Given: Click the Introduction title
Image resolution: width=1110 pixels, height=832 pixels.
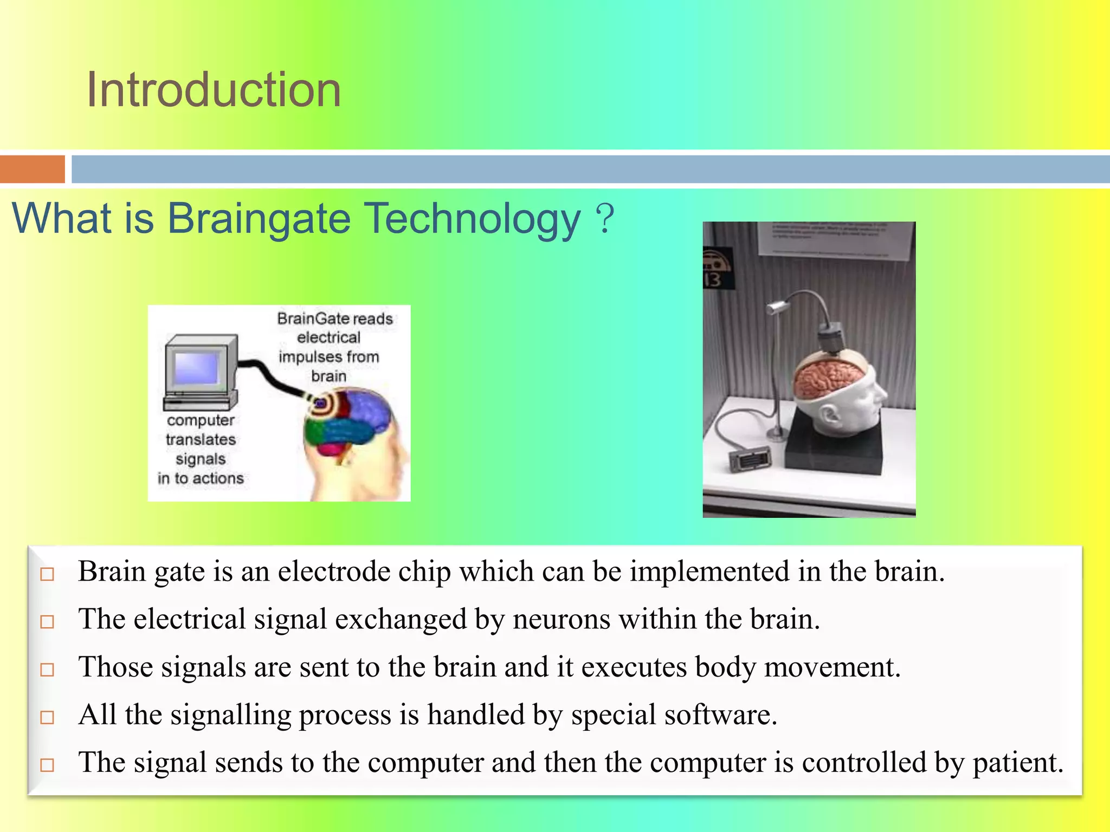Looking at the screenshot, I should click(214, 90).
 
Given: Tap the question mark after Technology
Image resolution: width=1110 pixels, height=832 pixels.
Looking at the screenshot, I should click(605, 218).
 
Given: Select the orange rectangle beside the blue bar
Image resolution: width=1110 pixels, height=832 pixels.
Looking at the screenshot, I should click(32, 169).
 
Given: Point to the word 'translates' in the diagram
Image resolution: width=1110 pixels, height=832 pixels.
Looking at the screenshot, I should click(201, 439).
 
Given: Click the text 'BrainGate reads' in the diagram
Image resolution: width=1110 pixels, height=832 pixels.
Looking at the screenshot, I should click(334, 318).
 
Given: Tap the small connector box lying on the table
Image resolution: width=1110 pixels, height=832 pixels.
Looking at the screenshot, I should click(750, 459).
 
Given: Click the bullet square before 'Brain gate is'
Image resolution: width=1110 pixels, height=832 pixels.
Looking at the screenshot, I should click(48, 574).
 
